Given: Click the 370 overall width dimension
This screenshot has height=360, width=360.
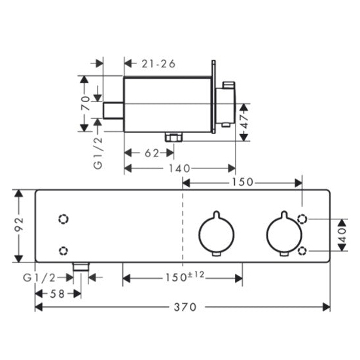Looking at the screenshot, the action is point(185,307).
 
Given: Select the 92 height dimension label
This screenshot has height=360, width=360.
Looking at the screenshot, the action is point(19,226).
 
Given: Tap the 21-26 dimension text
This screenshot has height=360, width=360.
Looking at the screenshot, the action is point(158,64).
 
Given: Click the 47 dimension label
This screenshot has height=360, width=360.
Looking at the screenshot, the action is point(245,121).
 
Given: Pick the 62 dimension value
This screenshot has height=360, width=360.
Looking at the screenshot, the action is point(152,153).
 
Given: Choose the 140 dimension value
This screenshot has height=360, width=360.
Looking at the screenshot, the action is point(179,169).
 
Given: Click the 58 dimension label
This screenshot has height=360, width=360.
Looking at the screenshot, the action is point(57,294).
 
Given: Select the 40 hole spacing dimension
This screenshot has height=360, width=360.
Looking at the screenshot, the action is point(342,235).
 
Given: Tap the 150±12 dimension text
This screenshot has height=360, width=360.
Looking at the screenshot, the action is point(185,276).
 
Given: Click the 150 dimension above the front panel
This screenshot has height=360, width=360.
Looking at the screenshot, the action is point(242,183).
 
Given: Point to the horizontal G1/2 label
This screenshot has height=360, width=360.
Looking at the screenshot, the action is point(39,278).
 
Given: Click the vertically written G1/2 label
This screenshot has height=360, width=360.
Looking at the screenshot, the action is point(98,153).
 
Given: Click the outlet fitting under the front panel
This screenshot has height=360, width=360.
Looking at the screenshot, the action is point(81,266).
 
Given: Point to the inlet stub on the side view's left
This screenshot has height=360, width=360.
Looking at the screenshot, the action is point(113,111).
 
